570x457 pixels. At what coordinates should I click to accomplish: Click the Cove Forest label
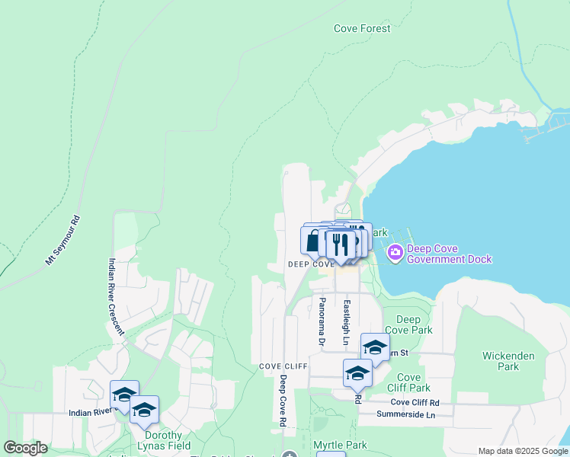tap(362, 29)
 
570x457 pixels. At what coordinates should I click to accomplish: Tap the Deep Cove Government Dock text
tap(449, 254)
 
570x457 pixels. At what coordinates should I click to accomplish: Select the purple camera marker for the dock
tap(395, 253)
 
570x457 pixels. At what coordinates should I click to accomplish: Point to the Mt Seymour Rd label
tap(62, 240)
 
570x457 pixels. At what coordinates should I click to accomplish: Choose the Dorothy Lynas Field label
tap(164, 441)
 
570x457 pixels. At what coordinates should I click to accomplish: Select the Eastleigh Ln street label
tap(346, 321)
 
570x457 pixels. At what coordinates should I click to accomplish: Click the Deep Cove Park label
tap(408, 324)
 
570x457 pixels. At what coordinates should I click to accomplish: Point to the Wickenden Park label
tap(508, 361)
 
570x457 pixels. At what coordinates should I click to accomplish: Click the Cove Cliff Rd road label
tap(415, 402)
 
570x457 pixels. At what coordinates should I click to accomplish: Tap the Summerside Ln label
tap(406, 414)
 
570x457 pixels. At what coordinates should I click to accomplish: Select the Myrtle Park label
tap(340, 445)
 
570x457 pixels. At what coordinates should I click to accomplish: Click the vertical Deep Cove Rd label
tap(282, 400)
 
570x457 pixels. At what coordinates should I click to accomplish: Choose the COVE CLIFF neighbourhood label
tap(283, 366)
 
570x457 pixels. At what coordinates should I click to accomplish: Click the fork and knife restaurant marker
tap(340, 244)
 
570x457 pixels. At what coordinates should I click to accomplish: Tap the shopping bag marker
tap(313, 242)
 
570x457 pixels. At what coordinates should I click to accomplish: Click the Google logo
tap(25, 448)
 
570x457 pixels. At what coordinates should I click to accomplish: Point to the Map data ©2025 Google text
tap(523, 452)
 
